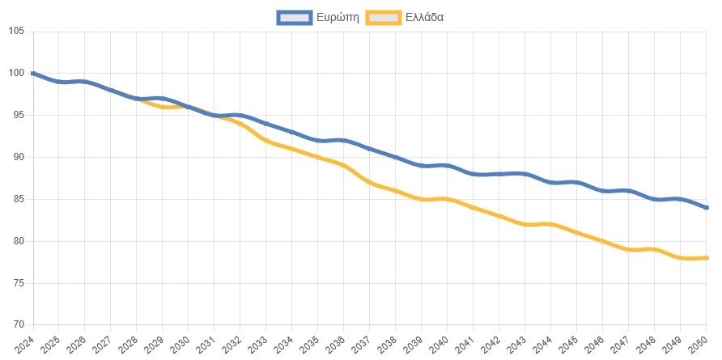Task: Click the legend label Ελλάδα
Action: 424,16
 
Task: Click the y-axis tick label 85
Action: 18,199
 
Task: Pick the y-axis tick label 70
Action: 18,325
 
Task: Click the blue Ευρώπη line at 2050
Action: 706,207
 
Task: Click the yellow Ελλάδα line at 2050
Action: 706,258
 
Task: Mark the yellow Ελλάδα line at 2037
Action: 370,182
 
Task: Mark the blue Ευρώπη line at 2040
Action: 448,165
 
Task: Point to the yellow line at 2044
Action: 551,224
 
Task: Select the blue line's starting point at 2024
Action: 33,74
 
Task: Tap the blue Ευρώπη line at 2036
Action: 344,140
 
